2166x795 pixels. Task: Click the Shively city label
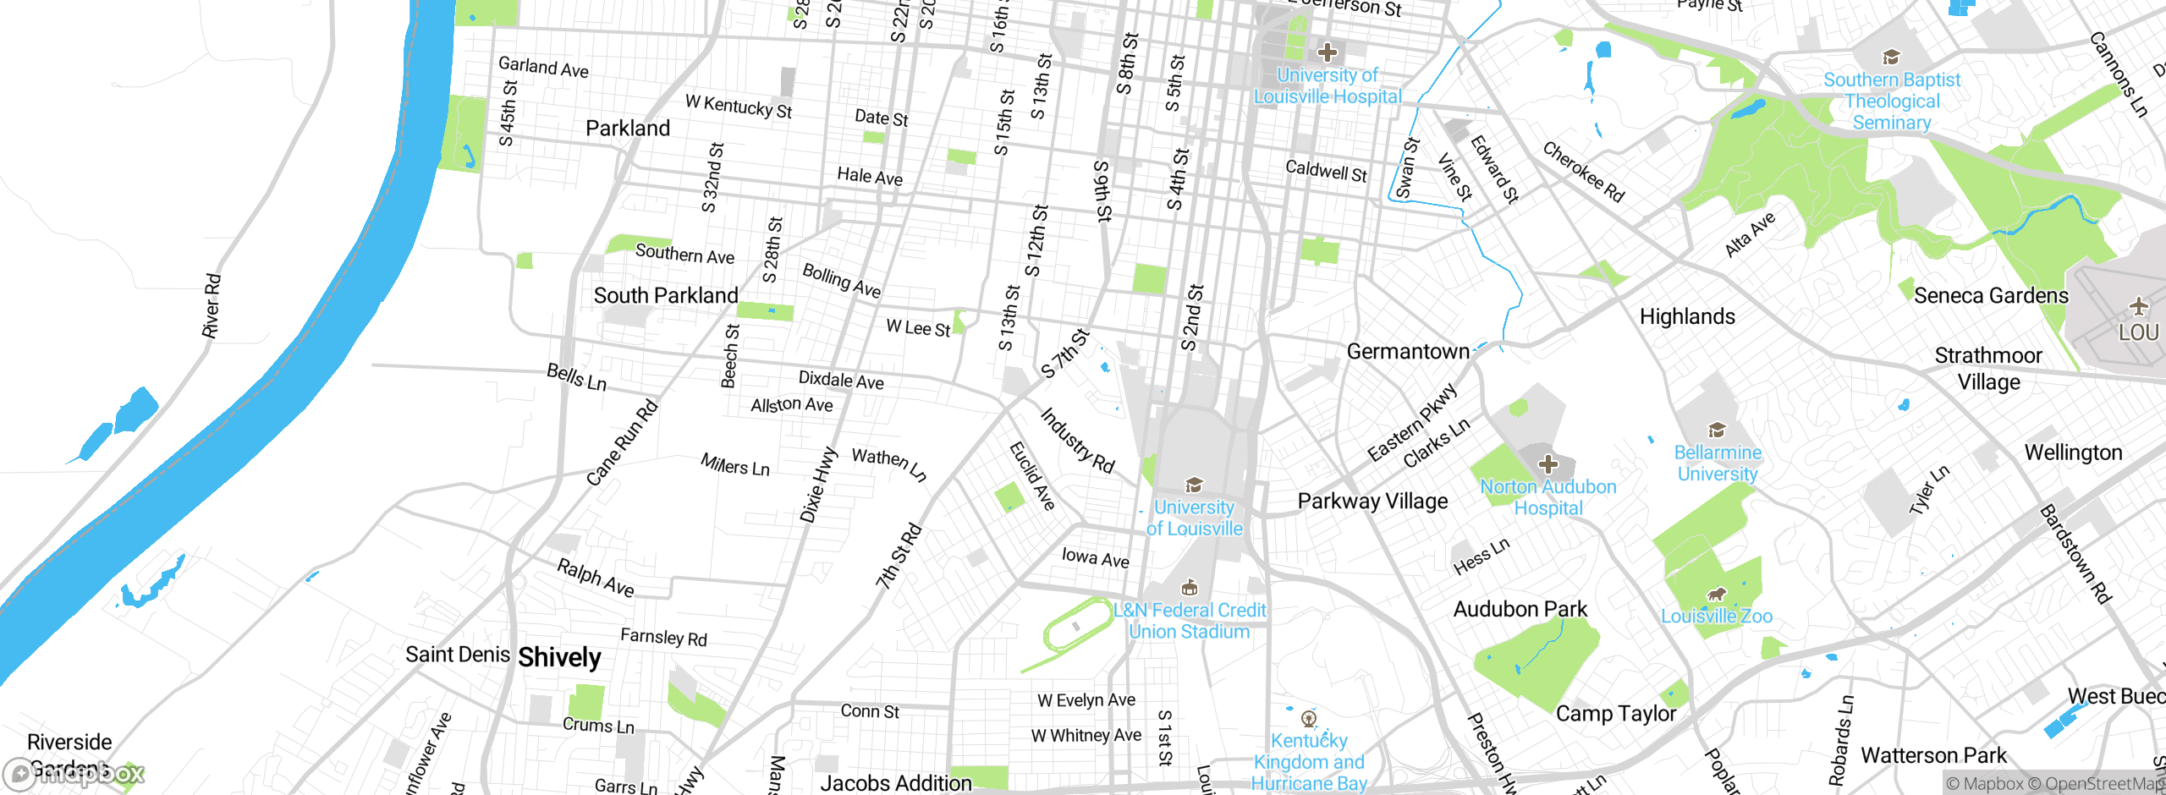(x=559, y=657)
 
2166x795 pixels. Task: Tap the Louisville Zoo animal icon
(x=1717, y=595)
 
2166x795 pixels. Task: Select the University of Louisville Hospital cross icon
(x=1328, y=52)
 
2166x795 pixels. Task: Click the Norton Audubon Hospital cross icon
(x=1548, y=464)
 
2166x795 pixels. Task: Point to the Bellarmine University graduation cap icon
(x=1717, y=430)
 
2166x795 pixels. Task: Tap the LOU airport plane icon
(x=2139, y=306)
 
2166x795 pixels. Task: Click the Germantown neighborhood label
(x=1408, y=351)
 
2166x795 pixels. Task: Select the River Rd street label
(x=212, y=305)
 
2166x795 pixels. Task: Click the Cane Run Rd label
(x=622, y=442)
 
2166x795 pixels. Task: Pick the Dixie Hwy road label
(x=818, y=485)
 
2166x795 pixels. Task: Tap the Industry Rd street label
(x=1077, y=441)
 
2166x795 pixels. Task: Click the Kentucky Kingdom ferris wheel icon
(x=1309, y=719)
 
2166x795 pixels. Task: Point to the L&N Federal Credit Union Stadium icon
(x=1190, y=588)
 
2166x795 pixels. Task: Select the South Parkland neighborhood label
(x=666, y=295)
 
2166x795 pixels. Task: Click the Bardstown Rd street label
(x=2075, y=554)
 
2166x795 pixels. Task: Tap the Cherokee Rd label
(x=1583, y=172)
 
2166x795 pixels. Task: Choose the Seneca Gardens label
(x=1991, y=295)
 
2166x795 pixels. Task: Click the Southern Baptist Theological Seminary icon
(x=1891, y=58)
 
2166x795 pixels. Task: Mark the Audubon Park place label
(x=1520, y=609)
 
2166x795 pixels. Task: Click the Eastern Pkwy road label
(x=1412, y=422)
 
